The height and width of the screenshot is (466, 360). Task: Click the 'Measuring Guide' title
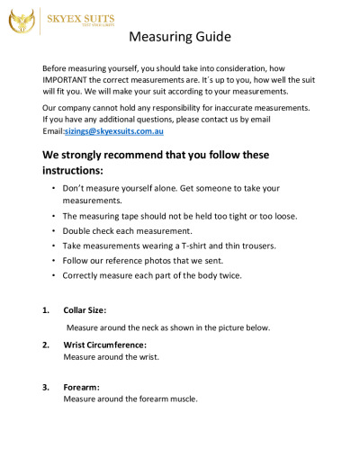(x=180, y=38)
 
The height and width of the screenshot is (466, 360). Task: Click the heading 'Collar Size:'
(x=85, y=310)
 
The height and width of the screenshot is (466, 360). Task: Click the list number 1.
(x=46, y=310)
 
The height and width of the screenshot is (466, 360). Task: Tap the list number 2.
(x=46, y=345)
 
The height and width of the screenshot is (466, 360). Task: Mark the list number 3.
(x=46, y=387)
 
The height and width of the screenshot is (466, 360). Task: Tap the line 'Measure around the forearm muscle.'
(x=130, y=399)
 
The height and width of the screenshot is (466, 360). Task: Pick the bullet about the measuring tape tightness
(x=179, y=216)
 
